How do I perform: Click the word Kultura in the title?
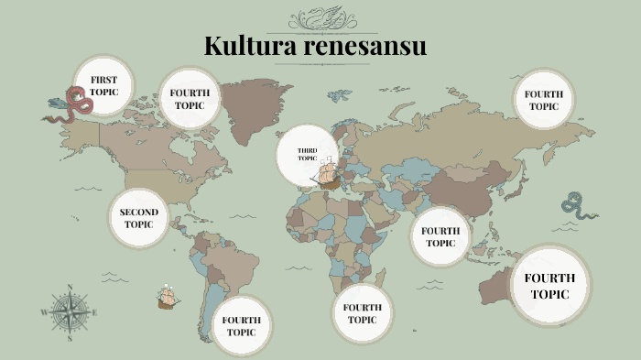[244, 45]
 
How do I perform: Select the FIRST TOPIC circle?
[103, 86]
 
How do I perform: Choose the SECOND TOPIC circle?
[139, 218]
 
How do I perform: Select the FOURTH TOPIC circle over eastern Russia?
[543, 100]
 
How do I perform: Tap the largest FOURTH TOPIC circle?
[549, 286]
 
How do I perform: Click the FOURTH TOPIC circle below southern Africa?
[362, 313]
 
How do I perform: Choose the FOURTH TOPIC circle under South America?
[242, 326]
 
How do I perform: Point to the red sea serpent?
[68, 106]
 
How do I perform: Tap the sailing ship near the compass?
[167, 296]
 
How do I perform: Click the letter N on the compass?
[70, 290]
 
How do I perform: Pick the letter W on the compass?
[43, 312]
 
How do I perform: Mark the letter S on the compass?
[70, 337]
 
